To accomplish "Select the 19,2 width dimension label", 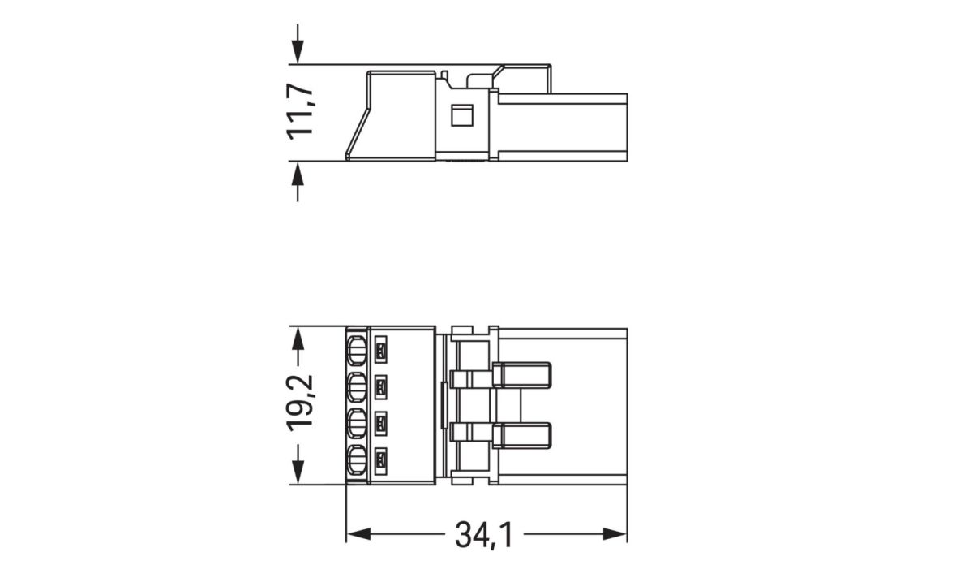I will pos(302,403).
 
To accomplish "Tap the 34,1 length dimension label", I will pos(483,535).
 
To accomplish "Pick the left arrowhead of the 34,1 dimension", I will pos(358,534).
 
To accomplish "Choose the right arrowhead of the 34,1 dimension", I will pos(615,534).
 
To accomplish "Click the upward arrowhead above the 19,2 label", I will pos(298,339).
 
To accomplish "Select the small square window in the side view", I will pos(461,114).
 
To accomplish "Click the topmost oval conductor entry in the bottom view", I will pos(356,352).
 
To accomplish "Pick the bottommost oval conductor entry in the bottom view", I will pos(356,464).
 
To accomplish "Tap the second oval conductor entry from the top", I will pos(356,388).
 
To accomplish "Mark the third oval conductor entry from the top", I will pos(356,425).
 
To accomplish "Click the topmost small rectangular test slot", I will pos(382,352).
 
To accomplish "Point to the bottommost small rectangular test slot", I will pos(382,464).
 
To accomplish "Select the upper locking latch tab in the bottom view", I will pos(522,375).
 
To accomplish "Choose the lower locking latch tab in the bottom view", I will pos(522,436).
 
